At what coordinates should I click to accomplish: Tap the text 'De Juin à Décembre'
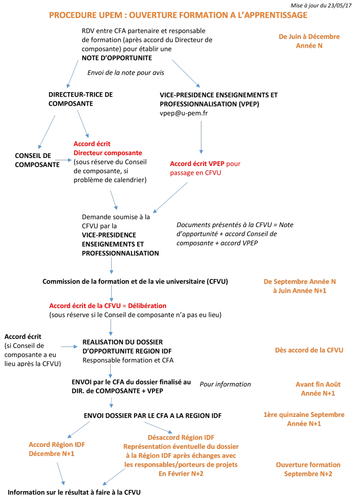(x=309, y=36)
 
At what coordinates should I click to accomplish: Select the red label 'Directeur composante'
(x=108, y=153)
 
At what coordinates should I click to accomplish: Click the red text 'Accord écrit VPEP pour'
(x=205, y=164)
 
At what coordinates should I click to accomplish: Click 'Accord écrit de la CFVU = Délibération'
(x=108, y=306)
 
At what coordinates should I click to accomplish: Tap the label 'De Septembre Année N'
(x=300, y=282)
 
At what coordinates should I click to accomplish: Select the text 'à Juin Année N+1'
(x=299, y=291)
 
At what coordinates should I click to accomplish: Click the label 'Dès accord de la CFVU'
(x=309, y=350)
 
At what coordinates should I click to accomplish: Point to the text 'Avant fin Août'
(x=318, y=384)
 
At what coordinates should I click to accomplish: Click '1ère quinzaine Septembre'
(x=304, y=414)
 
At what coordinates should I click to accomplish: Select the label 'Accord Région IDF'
(x=57, y=444)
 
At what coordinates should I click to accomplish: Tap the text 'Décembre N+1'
(x=51, y=454)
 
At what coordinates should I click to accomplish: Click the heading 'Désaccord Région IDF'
(x=181, y=437)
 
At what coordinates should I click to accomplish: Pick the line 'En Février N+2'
(x=181, y=473)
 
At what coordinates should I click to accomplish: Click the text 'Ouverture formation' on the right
(x=308, y=465)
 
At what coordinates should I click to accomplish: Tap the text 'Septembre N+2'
(x=308, y=474)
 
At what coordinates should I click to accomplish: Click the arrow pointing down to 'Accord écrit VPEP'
(x=201, y=137)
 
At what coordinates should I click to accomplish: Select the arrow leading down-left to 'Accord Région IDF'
(x=78, y=429)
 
